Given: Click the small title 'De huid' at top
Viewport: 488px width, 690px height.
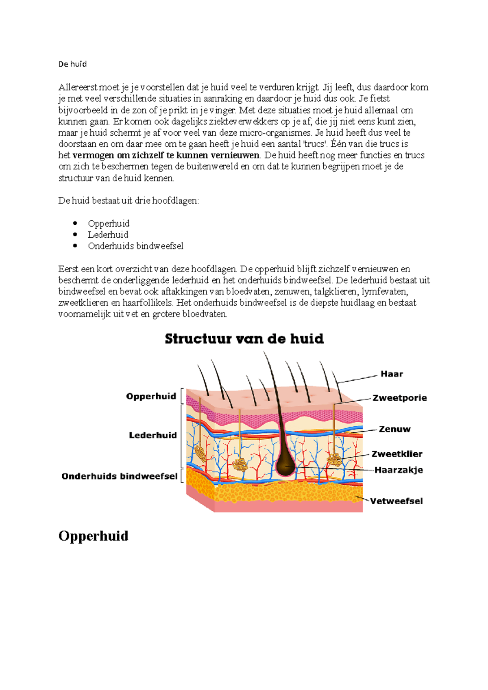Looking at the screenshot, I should [x=72, y=64].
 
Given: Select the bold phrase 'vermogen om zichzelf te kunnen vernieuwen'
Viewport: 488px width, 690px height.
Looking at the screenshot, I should [x=166, y=155].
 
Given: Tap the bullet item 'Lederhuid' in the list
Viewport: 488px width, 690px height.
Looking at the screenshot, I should [x=108, y=235].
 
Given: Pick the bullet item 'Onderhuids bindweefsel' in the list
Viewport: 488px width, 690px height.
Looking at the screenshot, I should [x=135, y=246].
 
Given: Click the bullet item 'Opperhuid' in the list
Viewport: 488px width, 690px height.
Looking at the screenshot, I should [x=109, y=223].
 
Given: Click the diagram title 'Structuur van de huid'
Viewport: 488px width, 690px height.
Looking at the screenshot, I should [x=244, y=338].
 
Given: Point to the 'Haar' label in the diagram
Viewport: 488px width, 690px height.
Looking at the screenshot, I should [x=392, y=374].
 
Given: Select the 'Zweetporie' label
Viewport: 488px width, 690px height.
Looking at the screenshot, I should [x=399, y=398].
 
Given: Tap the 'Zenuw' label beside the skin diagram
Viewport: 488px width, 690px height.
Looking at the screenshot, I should [x=394, y=429].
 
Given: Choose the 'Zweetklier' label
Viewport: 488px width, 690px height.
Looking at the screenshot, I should [x=396, y=454].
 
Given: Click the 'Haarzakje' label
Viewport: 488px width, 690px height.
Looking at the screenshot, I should [x=399, y=470].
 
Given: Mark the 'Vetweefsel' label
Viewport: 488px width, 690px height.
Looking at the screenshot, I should [x=396, y=501].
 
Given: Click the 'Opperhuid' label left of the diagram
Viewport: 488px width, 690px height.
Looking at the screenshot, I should [x=151, y=396].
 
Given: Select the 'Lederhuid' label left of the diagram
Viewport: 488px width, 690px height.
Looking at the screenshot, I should [x=153, y=435].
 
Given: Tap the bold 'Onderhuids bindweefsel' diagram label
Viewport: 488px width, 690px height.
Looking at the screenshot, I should [x=120, y=476].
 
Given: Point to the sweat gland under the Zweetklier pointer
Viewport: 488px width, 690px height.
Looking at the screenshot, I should [x=335, y=460].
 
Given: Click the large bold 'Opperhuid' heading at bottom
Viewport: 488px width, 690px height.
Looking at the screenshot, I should [x=93, y=536].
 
